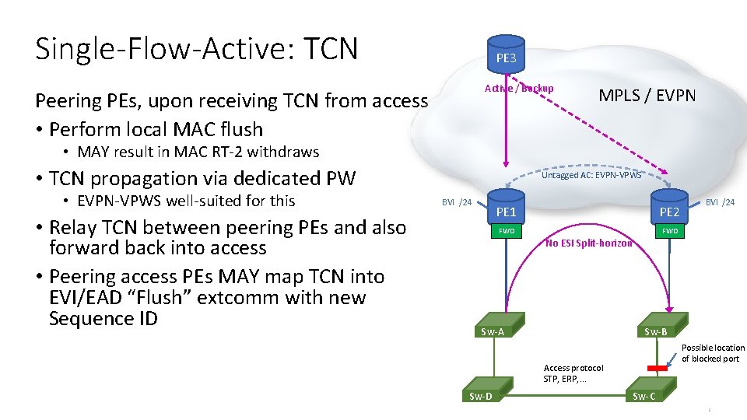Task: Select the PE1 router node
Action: tap(506, 211)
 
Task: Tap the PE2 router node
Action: tap(669, 211)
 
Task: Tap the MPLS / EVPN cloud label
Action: tap(647, 96)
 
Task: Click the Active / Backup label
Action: tap(519, 88)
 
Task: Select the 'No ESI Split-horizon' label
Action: tap(589, 243)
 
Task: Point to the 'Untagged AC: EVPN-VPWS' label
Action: tap(591, 175)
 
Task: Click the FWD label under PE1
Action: tap(506, 231)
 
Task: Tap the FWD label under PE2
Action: tap(669, 231)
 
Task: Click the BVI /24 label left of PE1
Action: tap(457, 202)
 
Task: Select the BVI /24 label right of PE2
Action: tap(719, 202)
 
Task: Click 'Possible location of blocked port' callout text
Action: tap(713, 353)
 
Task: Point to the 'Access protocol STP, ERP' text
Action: tap(573, 373)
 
